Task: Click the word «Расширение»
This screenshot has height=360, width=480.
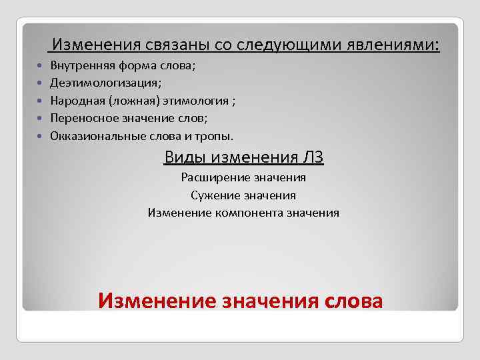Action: pyautogui.click(x=213, y=177)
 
